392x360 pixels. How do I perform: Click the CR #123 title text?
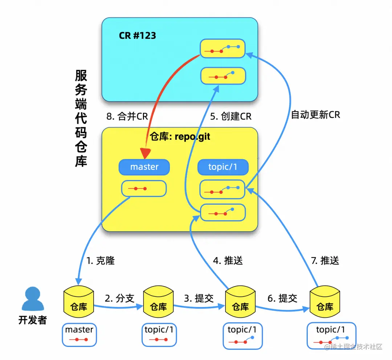point(137,36)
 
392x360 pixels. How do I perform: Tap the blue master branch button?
point(144,167)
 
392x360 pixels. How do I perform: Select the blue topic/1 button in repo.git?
point(223,167)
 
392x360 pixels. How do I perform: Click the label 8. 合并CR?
point(127,116)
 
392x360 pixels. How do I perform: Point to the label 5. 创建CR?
point(231,116)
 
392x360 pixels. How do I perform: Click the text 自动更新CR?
point(315,115)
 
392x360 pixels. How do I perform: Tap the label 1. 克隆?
point(101,261)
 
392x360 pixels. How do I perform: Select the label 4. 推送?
point(228,260)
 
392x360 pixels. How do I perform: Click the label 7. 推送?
point(325,260)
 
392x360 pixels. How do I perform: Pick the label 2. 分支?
point(120,298)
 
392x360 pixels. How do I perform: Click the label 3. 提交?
point(199,298)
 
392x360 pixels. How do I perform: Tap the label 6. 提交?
point(282,298)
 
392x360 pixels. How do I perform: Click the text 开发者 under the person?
point(32,320)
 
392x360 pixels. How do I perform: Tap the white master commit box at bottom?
point(79,335)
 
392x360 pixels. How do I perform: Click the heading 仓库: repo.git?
point(180,137)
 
